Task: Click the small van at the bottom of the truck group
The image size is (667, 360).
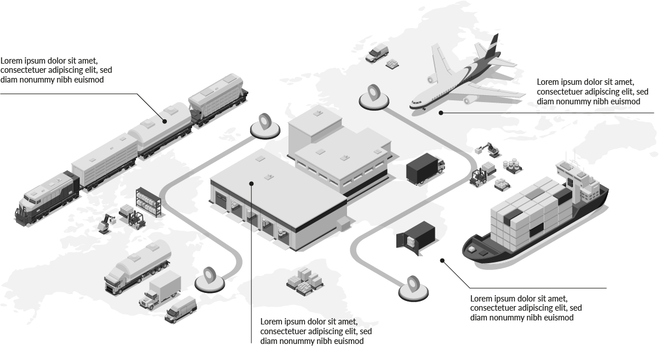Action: click(x=181, y=310)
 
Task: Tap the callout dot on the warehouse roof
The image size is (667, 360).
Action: click(x=251, y=183)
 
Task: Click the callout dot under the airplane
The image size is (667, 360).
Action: click(x=441, y=113)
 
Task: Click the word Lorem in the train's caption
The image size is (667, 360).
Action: click(x=9, y=60)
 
